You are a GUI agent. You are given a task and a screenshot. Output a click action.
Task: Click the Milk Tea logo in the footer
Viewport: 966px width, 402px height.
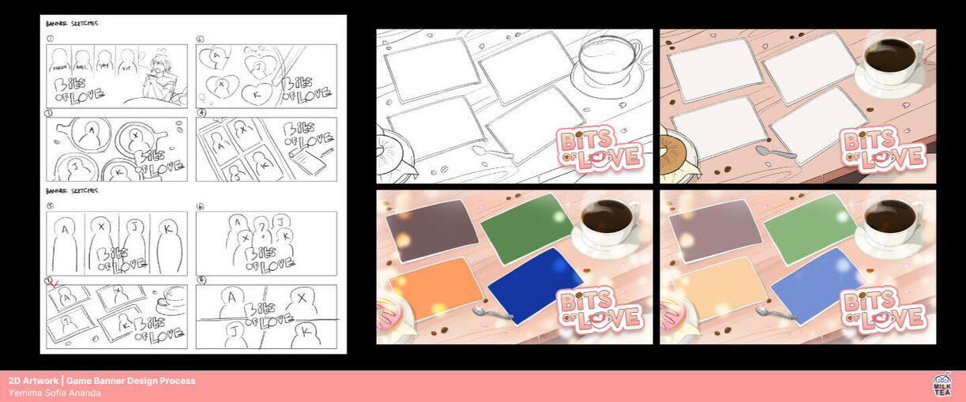pos(942,385)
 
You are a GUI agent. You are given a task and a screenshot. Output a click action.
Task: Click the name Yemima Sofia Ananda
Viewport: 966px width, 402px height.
pos(55,393)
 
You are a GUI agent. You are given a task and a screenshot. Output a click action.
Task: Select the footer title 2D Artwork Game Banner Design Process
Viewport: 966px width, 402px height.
pos(102,381)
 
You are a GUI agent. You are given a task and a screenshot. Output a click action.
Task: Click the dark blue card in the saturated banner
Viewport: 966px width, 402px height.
pos(534,282)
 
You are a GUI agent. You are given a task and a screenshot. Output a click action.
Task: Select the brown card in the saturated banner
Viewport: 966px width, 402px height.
pos(431,229)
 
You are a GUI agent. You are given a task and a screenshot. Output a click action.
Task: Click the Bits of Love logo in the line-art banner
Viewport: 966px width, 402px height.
pos(600,149)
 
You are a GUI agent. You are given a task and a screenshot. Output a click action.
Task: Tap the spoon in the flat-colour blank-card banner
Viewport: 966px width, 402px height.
pos(772,151)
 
